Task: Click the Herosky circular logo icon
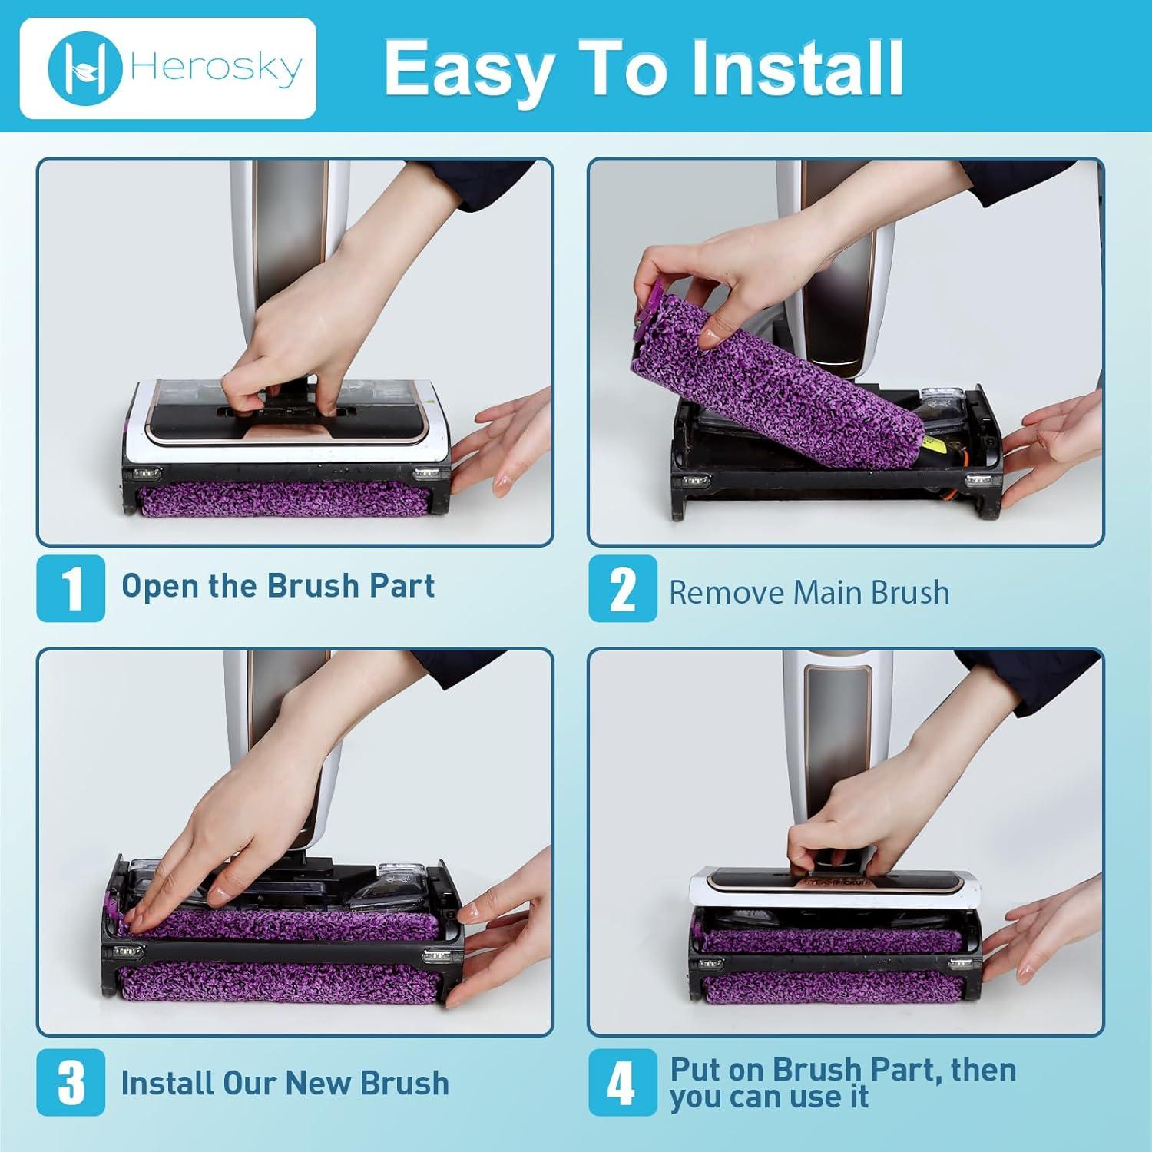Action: [84, 68]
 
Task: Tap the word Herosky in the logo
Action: [217, 69]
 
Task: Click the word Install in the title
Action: [796, 68]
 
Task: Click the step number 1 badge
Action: [71, 588]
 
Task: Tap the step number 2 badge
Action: [623, 588]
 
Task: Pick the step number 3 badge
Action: [71, 1082]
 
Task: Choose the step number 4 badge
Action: [623, 1082]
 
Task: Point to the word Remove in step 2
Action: [727, 593]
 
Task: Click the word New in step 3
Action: [317, 1083]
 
